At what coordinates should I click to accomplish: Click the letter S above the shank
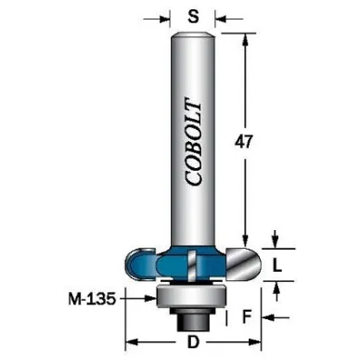[193, 17]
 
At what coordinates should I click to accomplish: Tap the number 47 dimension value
[244, 142]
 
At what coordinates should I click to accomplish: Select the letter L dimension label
[277, 265]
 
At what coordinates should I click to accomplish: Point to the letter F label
[246, 316]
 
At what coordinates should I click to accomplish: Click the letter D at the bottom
[193, 342]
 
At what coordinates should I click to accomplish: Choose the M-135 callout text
[92, 299]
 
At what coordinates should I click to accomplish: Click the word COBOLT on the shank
[193, 142]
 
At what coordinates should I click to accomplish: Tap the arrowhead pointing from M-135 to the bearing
[150, 299]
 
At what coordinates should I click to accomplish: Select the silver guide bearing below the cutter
[191, 297]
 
